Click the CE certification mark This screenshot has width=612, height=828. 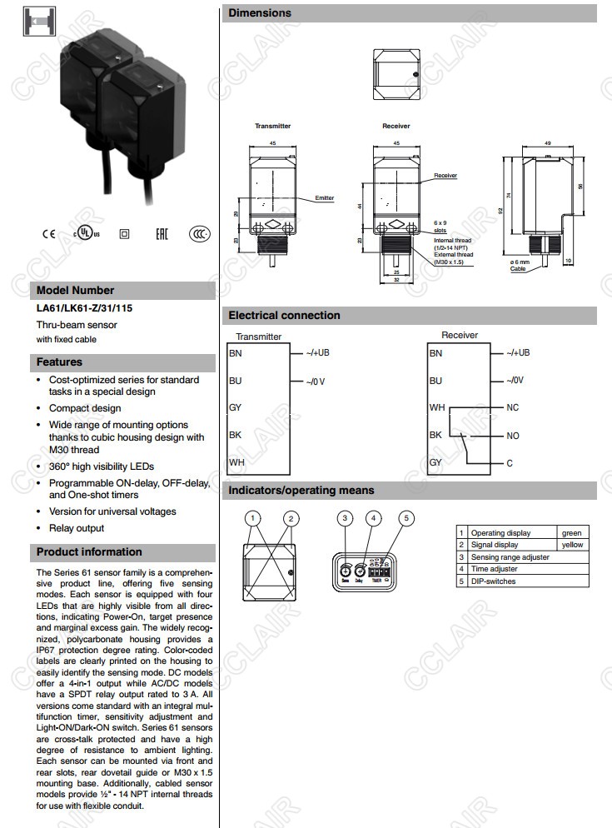[45, 233]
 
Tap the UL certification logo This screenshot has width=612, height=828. [85, 231]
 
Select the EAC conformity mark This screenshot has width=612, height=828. [162, 233]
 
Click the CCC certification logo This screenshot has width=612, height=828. [198, 233]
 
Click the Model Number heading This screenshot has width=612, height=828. [76, 291]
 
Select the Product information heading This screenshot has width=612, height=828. [89, 552]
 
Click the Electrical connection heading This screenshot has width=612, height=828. [284, 316]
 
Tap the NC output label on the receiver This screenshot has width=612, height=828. [513, 408]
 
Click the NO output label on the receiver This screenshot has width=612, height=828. [513, 436]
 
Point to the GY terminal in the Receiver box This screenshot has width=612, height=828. [436, 463]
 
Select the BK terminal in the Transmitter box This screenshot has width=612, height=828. [236, 435]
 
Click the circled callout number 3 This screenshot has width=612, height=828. [346, 518]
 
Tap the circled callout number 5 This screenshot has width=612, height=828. [406, 518]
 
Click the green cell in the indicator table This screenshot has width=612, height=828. [571, 533]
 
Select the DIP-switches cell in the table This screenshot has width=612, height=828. [494, 581]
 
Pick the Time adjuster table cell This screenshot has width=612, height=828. [495, 569]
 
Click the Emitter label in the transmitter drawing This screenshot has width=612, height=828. [325, 198]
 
